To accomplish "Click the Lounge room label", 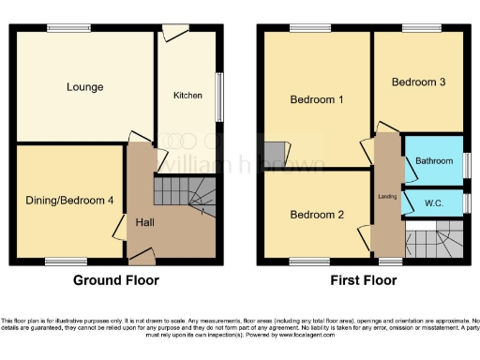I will click(84, 87).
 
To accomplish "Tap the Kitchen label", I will click(187, 96).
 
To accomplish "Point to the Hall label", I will click(145, 222).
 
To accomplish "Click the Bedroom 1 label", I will click(316, 99).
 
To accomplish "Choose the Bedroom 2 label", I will click(316, 215).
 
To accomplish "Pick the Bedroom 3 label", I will click(418, 82).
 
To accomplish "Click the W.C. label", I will click(434, 202).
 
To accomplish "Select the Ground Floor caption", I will click(116, 280).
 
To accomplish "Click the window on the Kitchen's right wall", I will click(222, 96).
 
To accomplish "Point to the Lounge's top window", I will click(63, 28).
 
